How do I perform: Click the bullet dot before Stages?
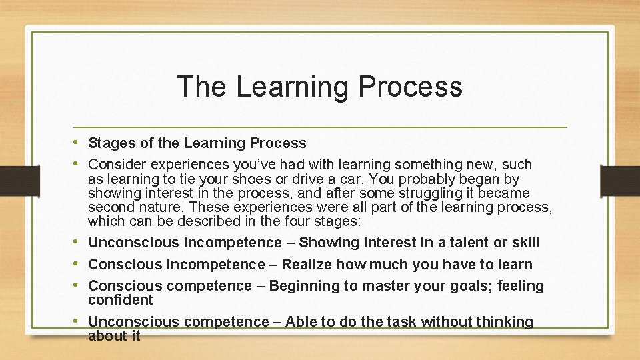[79, 143]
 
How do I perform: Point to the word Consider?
[117, 164]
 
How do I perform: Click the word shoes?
[250, 179]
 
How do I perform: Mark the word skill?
[525, 243]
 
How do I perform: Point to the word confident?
[121, 300]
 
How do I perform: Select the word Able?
[301, 322]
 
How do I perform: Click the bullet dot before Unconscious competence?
[79, 321]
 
